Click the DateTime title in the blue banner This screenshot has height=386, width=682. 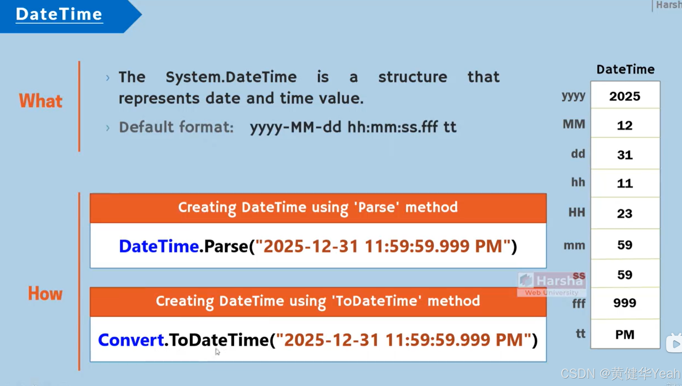[59, 14]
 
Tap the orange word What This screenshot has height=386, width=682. [40, 101]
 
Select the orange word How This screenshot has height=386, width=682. [45, 293]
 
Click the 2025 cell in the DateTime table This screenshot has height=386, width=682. [625, 96]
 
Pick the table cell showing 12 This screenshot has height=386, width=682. [625, 125]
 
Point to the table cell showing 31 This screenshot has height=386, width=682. [625, 155]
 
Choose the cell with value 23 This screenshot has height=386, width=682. [625, 214]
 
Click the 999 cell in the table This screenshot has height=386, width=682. [625, 303]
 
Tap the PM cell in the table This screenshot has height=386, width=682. [625, 335]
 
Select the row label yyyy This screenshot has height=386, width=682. [573, 96]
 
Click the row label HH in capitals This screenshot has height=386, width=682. [577, 213]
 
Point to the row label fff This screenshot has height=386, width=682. [578, 303]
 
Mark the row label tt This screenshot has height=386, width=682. [580, 334]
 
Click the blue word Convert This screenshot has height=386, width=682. [131, 340]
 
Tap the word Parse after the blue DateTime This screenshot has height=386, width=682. [226, 246]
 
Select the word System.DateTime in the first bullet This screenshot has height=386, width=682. [231, 77]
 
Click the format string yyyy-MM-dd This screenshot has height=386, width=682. [295, 127]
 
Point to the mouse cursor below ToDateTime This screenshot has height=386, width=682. [217, 352]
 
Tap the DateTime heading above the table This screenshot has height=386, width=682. [625, 69]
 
